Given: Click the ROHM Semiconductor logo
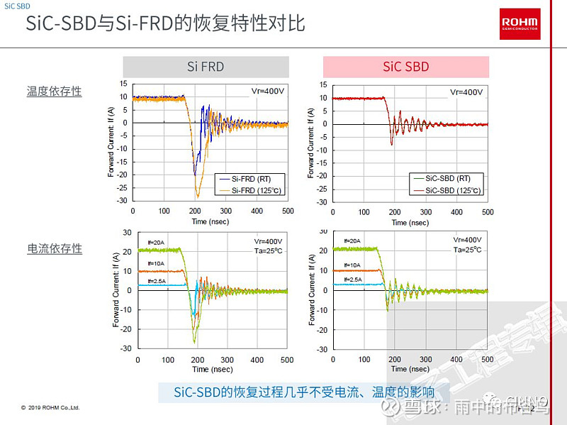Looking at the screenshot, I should (520, 23).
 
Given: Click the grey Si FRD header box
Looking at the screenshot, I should (206, 67).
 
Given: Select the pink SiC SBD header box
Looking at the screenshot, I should (406, 67).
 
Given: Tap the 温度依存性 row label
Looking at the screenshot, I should (55, 92).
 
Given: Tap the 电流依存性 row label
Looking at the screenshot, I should (55, 248).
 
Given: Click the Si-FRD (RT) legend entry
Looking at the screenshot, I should (245, 179).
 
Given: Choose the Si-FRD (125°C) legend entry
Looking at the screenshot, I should (248, 189).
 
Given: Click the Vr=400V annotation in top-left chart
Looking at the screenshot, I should (268, 92).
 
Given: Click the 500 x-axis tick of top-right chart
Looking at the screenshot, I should (488, 212).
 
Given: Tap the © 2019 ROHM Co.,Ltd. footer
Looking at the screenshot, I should (50, 408).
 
